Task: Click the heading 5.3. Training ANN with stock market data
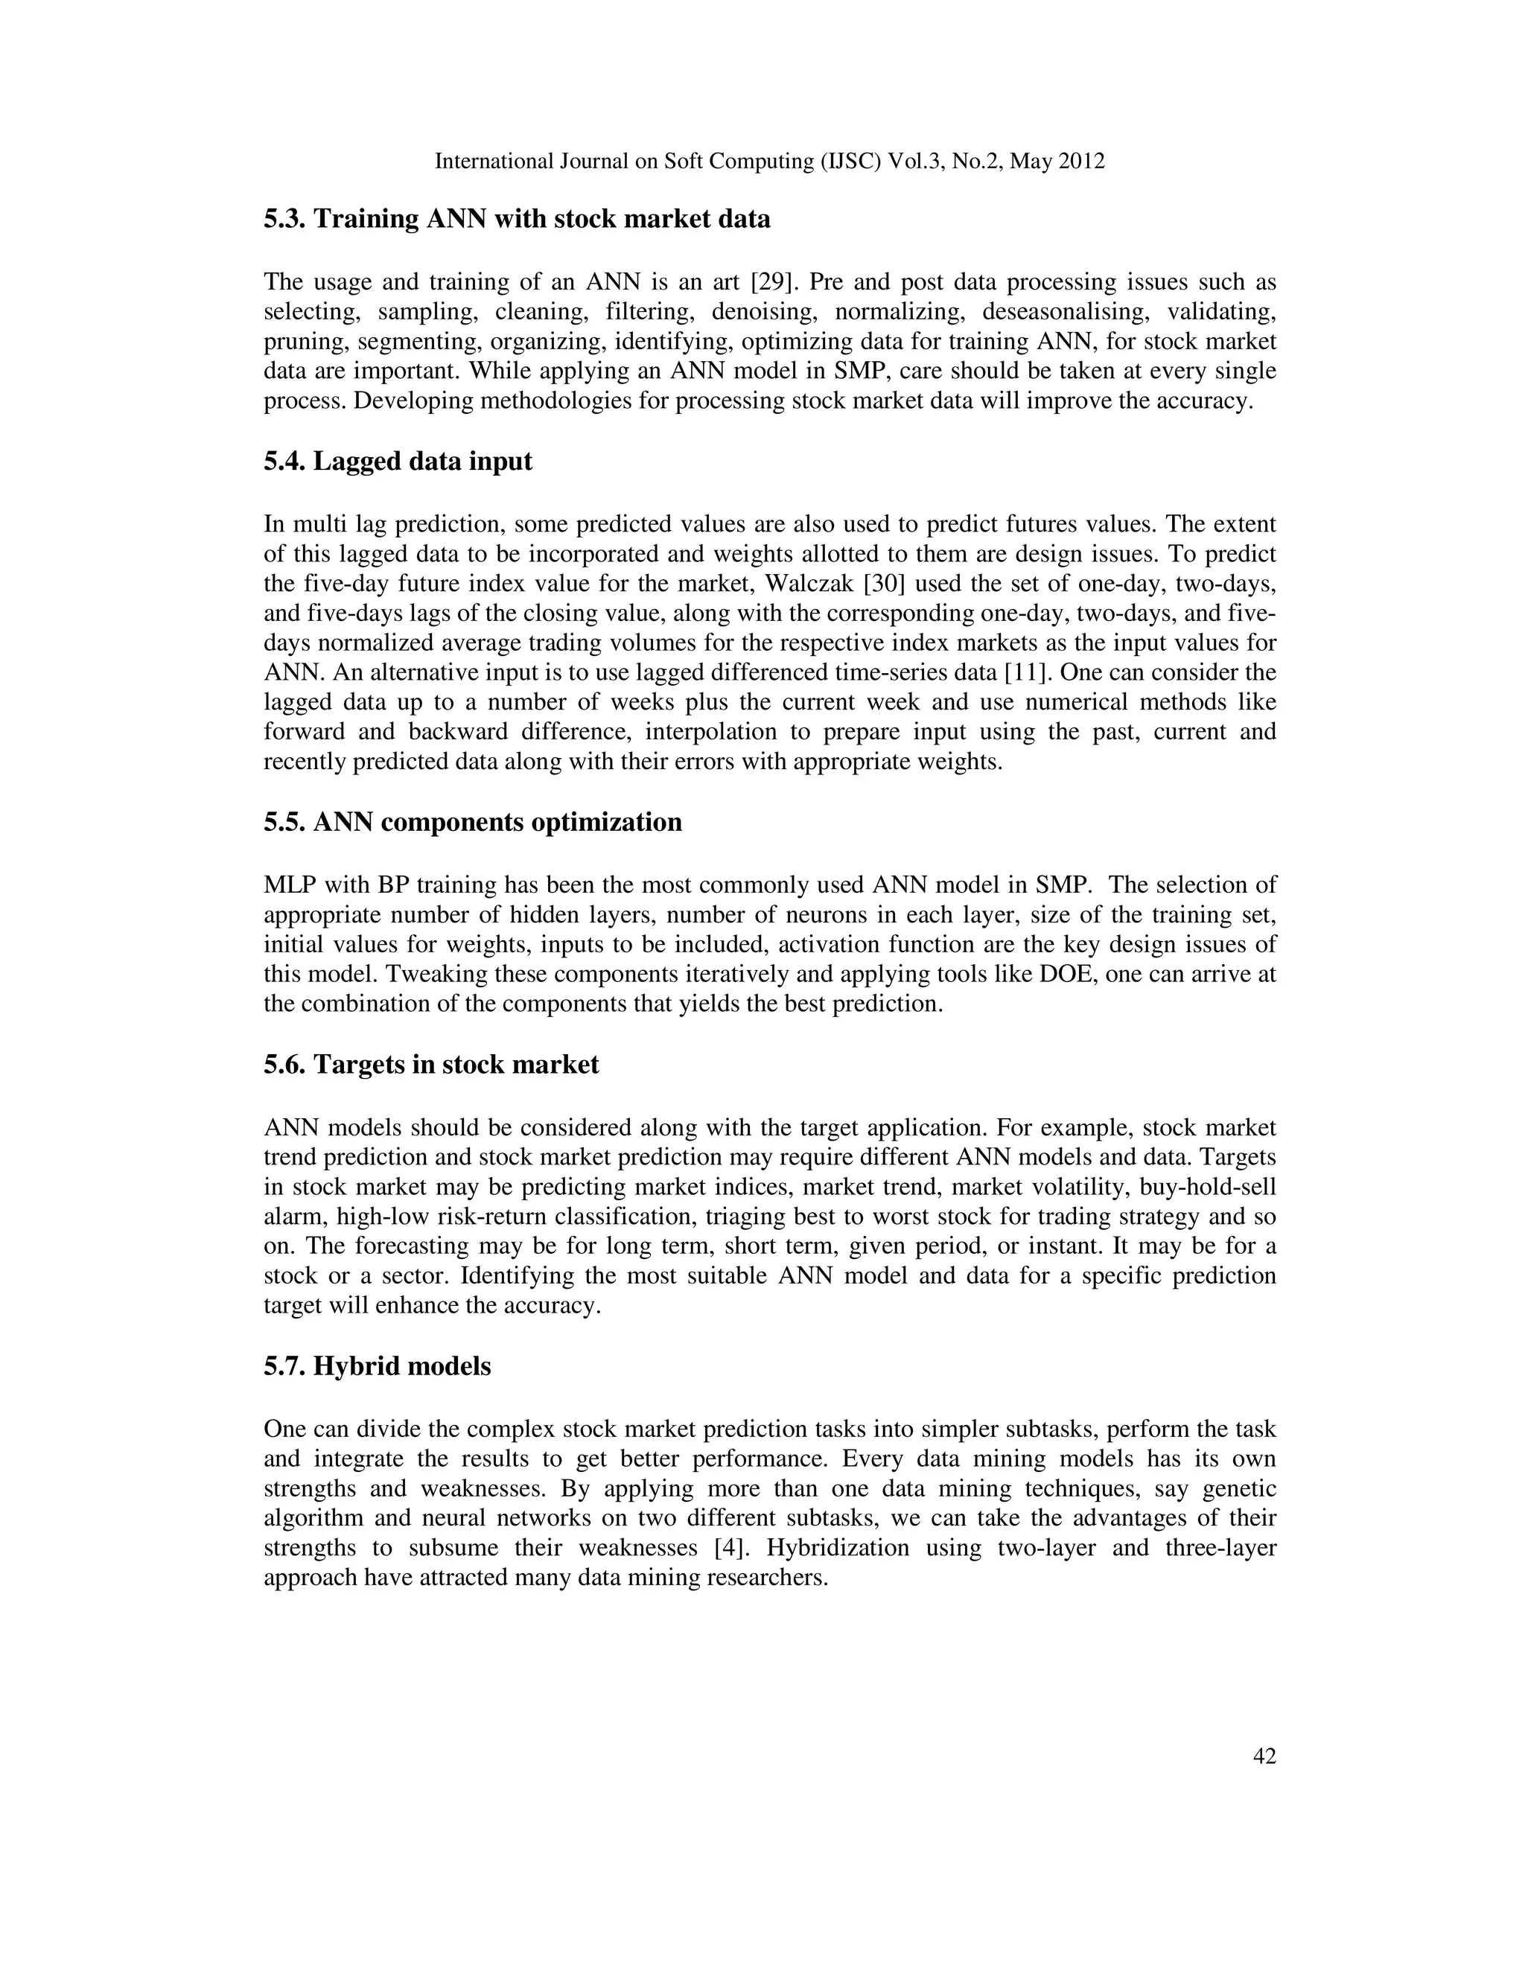[517, 220]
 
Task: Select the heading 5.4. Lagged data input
[398, 462]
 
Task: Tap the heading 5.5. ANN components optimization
[473, 822]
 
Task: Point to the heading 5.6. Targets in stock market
[431, 1064]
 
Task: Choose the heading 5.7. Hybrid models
[377, 1366]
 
